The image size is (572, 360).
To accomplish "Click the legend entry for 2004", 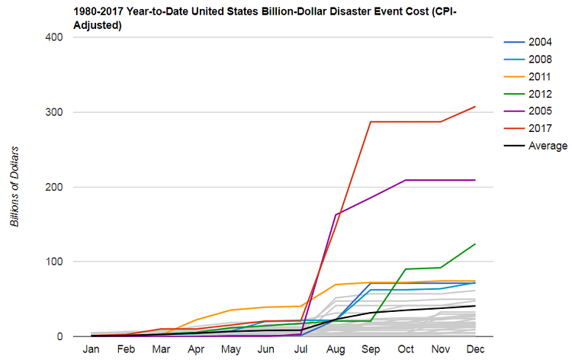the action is (x=528, y=42).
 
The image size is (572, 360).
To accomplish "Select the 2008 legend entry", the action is (x=528, y=59).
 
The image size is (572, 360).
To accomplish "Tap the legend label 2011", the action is (x=539, y=77).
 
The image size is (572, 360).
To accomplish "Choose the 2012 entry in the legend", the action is (x=528, y=94).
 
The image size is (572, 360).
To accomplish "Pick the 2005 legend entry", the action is (x=528, y=111).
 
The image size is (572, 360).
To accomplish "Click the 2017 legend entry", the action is (x=528, y=128).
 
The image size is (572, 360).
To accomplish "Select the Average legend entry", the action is (x=535, y=146).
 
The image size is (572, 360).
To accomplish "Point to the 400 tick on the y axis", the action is (x=54, y=37).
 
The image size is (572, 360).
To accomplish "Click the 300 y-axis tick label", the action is (x=54, y=112).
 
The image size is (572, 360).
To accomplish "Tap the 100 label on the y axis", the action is (x=54, y=262).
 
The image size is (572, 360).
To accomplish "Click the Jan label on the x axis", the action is (x=91, y=349).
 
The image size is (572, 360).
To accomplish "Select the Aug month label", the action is (x=336, y=349).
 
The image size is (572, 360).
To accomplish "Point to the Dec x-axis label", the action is (x=475, y=349).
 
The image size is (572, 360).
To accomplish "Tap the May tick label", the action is (x=231, y=349).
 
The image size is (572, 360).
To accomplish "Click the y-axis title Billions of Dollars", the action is (x=14, y=186).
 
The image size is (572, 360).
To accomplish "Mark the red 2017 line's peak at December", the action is (x=475, y=107).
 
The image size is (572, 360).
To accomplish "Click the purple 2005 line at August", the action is (x=336, y=215).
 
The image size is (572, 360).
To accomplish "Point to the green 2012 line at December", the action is (x=475, y=243).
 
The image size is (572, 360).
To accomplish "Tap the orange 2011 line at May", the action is (x=231, y=310).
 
